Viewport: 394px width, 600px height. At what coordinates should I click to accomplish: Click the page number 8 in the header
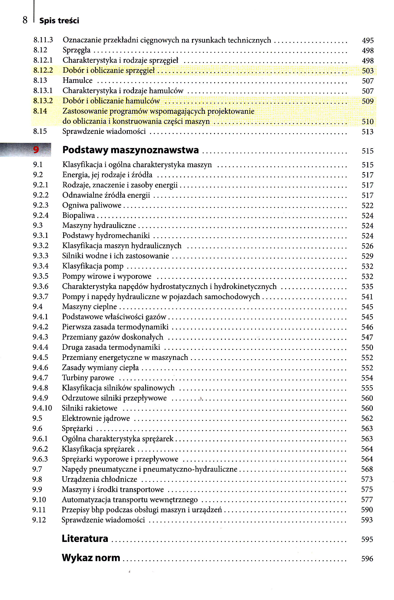[x=25, y=20]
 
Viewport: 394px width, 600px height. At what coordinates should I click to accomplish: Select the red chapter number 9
[x=36, y=150]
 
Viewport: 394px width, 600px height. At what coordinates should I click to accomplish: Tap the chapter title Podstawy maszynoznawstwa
[x=130, y=150]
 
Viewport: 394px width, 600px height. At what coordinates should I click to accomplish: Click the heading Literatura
[x=85, y=539]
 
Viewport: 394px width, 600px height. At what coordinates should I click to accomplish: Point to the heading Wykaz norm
[x=91, y=558]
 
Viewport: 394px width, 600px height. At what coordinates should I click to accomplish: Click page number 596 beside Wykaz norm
[x=367, y=559]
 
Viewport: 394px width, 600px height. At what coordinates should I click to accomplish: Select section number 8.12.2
[x=43, y=70]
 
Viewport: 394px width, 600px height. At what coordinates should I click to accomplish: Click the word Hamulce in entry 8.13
[x=77, y=80]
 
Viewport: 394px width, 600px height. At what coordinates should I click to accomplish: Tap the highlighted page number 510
[x=367, y=122]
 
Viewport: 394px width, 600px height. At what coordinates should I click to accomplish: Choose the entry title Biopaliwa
[x=79, y=215]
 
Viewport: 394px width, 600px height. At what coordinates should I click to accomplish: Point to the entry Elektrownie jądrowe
[x=96, y=418]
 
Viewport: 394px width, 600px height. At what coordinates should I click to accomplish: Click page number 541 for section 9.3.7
[x=367, y=297]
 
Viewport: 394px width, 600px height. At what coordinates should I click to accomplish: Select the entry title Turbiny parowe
[x=88, y=378]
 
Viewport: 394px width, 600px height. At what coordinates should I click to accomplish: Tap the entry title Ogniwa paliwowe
[x=92, y=205]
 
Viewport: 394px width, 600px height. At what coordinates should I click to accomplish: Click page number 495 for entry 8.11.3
[x=368, y=40]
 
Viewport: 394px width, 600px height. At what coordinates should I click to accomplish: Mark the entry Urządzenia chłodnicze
[x=99, y=479]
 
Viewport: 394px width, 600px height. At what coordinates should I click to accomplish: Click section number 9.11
[x=39, y=509]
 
